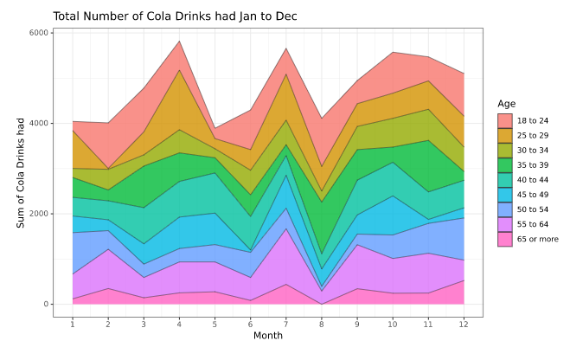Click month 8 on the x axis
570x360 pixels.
click(322, 323)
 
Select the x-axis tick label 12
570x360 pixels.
click(464, 323)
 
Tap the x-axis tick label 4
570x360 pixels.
click(179, 323)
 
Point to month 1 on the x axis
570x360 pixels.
click(73, 323)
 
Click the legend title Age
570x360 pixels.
click(507, 104)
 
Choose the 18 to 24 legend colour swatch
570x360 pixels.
click(505, 120)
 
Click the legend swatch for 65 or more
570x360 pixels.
click(505, 239)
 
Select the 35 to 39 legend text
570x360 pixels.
click(539, 164)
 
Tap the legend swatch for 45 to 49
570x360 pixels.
click(505, 195)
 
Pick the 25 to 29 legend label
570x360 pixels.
click(539, 135)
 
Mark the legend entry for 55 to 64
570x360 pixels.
click(539, 224)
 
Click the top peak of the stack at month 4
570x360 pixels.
click(179, 41)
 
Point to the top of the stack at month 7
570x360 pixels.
click(286, 48)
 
